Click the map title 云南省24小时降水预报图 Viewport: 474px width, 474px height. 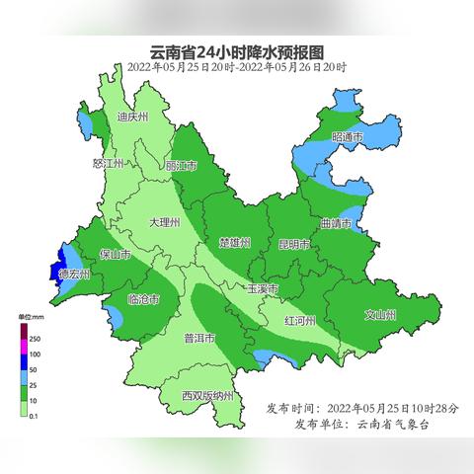[236, 51]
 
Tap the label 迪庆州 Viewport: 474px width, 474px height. [131, 117]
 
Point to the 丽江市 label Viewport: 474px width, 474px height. [181, 165]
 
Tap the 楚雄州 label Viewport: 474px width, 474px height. [235, 242]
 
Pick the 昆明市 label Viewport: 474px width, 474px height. [294, 243]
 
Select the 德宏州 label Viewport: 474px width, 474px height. [73, 274]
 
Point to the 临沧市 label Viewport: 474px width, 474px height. [144, 298]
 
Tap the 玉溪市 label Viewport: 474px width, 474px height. [262, 289]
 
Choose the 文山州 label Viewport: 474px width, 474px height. [380, 315]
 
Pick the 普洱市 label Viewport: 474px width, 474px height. [199, 339]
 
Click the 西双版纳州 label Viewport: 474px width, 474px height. [207, 396]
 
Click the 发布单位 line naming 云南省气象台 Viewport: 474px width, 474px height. [363, 424]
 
